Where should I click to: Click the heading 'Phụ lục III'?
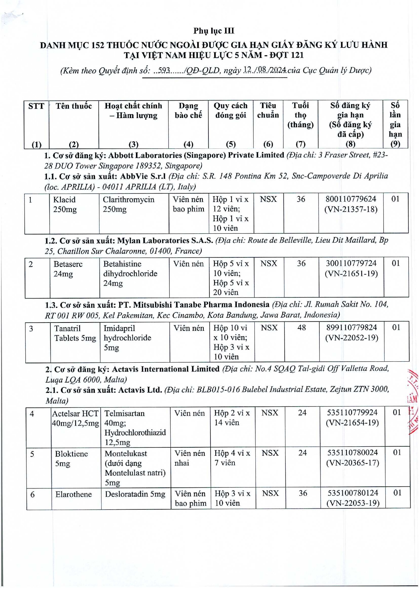(x=214, y=31)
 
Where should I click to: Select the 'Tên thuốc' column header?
(x=74, y=106)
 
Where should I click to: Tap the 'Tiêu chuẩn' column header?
(x=268, y=110)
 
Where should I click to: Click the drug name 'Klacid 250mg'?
(x=65, y=204)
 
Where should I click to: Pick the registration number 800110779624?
(x=351, y=199)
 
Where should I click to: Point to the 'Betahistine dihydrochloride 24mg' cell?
(x=130, y=274)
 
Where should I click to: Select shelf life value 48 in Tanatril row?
(x=301, y=328)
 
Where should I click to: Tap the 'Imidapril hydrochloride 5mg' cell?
(x=127, y=338)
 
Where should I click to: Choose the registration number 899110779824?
(x=352, y=328)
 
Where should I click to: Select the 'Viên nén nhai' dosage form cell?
(x=190, y=458)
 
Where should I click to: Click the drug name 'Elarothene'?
(x=74, y=495)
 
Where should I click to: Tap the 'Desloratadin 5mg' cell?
(x=135, y=495)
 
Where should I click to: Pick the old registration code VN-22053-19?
(x=353, y=504)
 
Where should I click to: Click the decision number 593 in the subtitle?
(x=164, y=71)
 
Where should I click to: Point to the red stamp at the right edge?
(x=413, y=401)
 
